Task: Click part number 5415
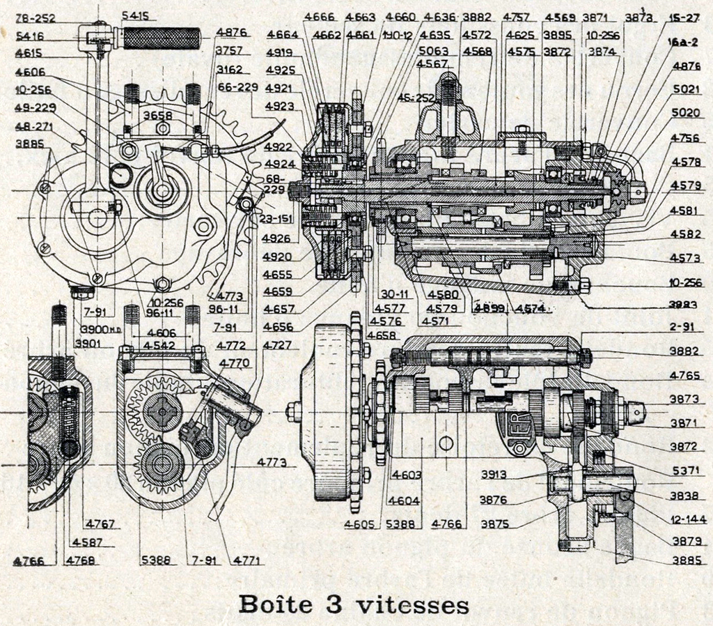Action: pos(138,15)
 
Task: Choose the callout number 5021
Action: pos(685,89)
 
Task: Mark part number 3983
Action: pos(684,304)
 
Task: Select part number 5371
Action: pos(685,471)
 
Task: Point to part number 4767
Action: pos(100,524)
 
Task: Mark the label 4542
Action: pos(160,345)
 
